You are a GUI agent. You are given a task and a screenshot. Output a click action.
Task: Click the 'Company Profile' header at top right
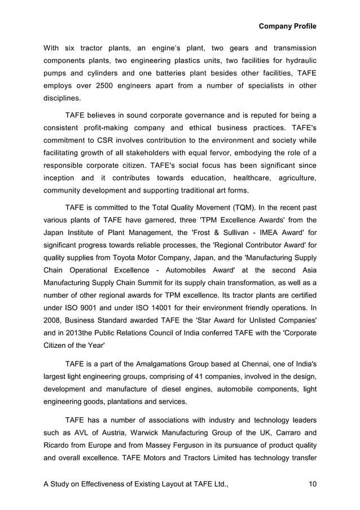[x=287, y=26]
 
